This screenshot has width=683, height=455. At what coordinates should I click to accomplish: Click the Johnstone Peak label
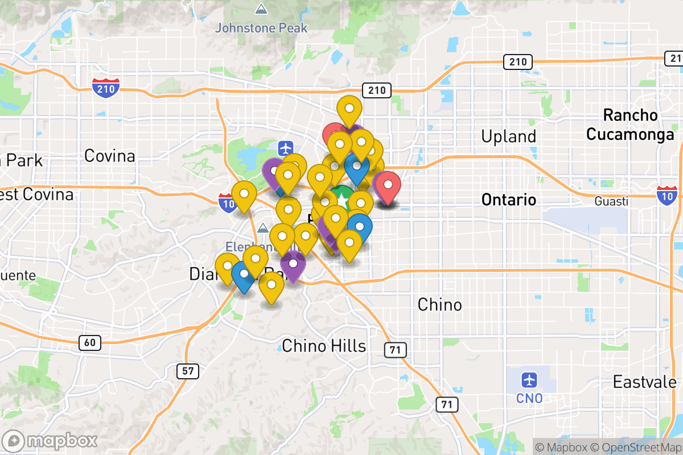(261, 27)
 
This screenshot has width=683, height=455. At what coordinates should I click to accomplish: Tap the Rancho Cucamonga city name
(630, 125)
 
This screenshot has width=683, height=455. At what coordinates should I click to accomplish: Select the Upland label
(508, 136)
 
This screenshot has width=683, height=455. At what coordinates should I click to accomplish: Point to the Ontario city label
(508, 200)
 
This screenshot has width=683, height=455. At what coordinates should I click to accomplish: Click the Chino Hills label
(324, 345)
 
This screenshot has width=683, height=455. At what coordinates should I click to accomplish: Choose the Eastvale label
(644, 382)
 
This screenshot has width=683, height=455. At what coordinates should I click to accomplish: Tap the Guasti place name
(611, 201)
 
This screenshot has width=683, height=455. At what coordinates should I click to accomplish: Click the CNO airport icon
(529, 379)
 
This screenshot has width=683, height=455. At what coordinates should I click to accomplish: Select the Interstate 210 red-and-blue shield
(106, 88)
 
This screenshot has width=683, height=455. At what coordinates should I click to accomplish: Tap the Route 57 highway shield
(187, 372)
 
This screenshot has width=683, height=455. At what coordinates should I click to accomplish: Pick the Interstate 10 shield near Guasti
(666, 195)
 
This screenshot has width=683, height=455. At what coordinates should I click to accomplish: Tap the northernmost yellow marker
(349, 107)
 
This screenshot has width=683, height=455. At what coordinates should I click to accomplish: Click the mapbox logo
(51, 440)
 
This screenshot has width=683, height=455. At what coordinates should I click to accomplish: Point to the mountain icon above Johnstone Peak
(261, 9)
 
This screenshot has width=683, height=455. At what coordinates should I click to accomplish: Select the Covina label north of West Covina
(109, 155)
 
